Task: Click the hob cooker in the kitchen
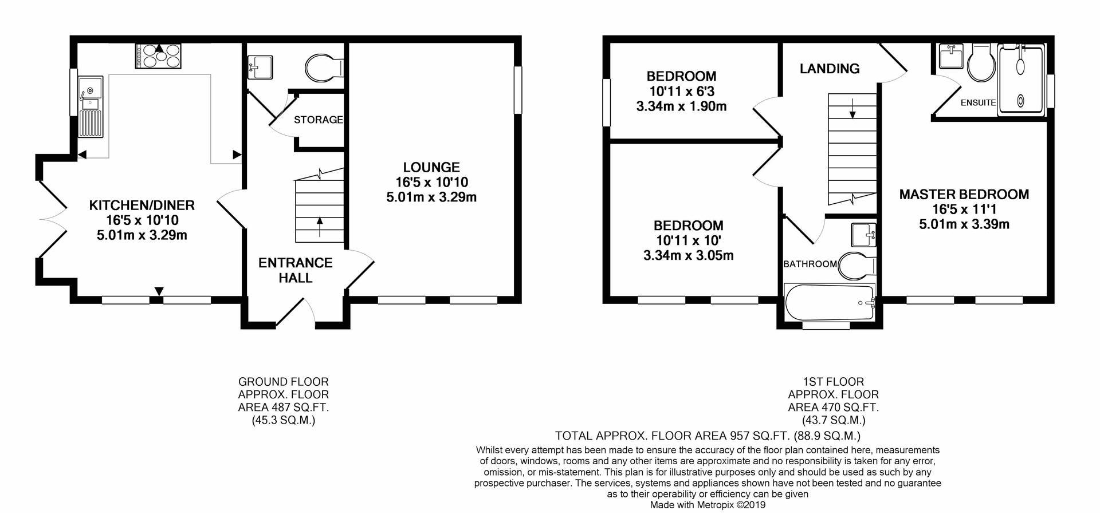pyautogui.click(x=158, y=57)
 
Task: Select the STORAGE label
pyautogui.click(x=318, y=120)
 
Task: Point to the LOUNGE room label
pyautogui.click(x=431, y=167)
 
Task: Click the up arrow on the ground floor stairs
pyautogui.click(x=319, y=226)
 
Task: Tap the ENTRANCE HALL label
pyautogui.click(x=295, y=270)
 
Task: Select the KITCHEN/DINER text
pyautogui.click(x=142, y=205)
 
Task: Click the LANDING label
pyautogui.click(x=829, y=69)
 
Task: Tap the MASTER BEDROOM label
pyautogui.click(x=964, y=194)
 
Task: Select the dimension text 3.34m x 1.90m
pyautogui.click(x=681, y=106)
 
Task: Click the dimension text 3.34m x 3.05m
pyautogui.click(x=688, y=255)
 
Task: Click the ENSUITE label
pyautogui.click(x=978, y=103)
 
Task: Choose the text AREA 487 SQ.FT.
pyautogui.click(x=283, y=408)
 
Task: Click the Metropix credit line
pyautogui.click(x=708, y=505)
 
